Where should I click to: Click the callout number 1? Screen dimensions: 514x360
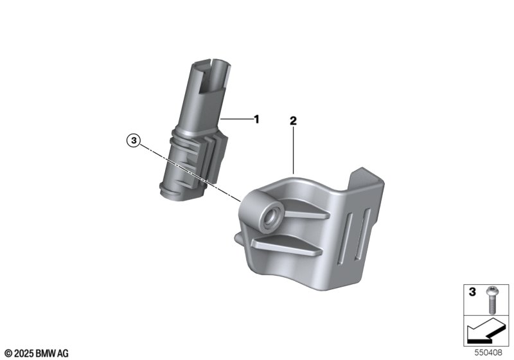[256, 120]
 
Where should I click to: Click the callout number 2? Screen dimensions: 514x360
[293, 121]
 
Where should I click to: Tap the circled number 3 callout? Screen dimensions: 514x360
[134, 141]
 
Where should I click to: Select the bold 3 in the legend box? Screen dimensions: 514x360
[472, 291]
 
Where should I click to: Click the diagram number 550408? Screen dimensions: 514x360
[488, 353]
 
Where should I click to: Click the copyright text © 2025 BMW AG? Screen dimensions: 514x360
[37, 354]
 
